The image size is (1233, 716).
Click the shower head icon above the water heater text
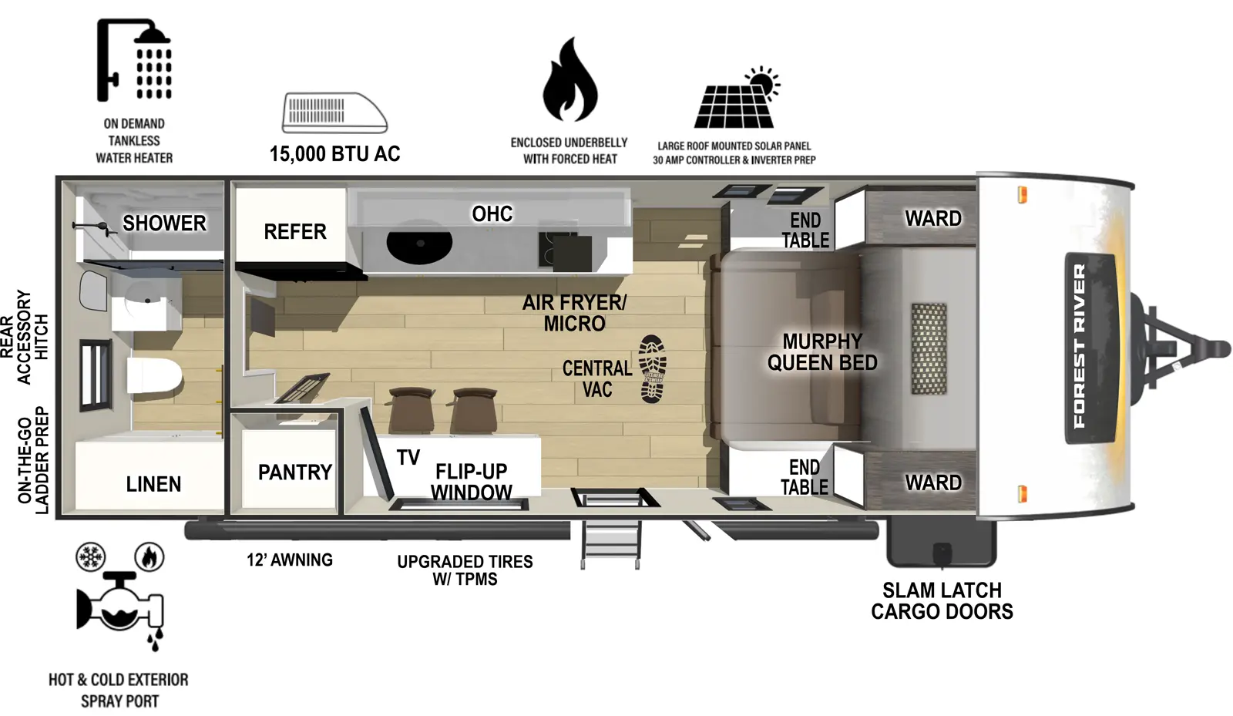coord(134,61)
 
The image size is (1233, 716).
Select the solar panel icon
coord(736,99)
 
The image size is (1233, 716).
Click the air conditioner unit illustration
coord(334,113)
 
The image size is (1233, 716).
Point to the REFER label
coord(294,231)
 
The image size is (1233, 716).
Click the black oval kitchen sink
coord(419,244)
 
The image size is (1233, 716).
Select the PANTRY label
coord(294,472)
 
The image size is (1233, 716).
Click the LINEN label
coord(153,484)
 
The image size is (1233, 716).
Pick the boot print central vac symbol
coord(653,368)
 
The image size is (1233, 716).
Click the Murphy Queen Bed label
coord(821,352)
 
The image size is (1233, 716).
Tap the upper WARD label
coord(932,219)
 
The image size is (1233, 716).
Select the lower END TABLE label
coord(804,477)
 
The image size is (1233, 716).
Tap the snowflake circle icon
coord(91,556)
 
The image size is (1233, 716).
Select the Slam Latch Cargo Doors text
coord(941,601)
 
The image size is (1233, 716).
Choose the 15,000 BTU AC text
coord(334,154)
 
